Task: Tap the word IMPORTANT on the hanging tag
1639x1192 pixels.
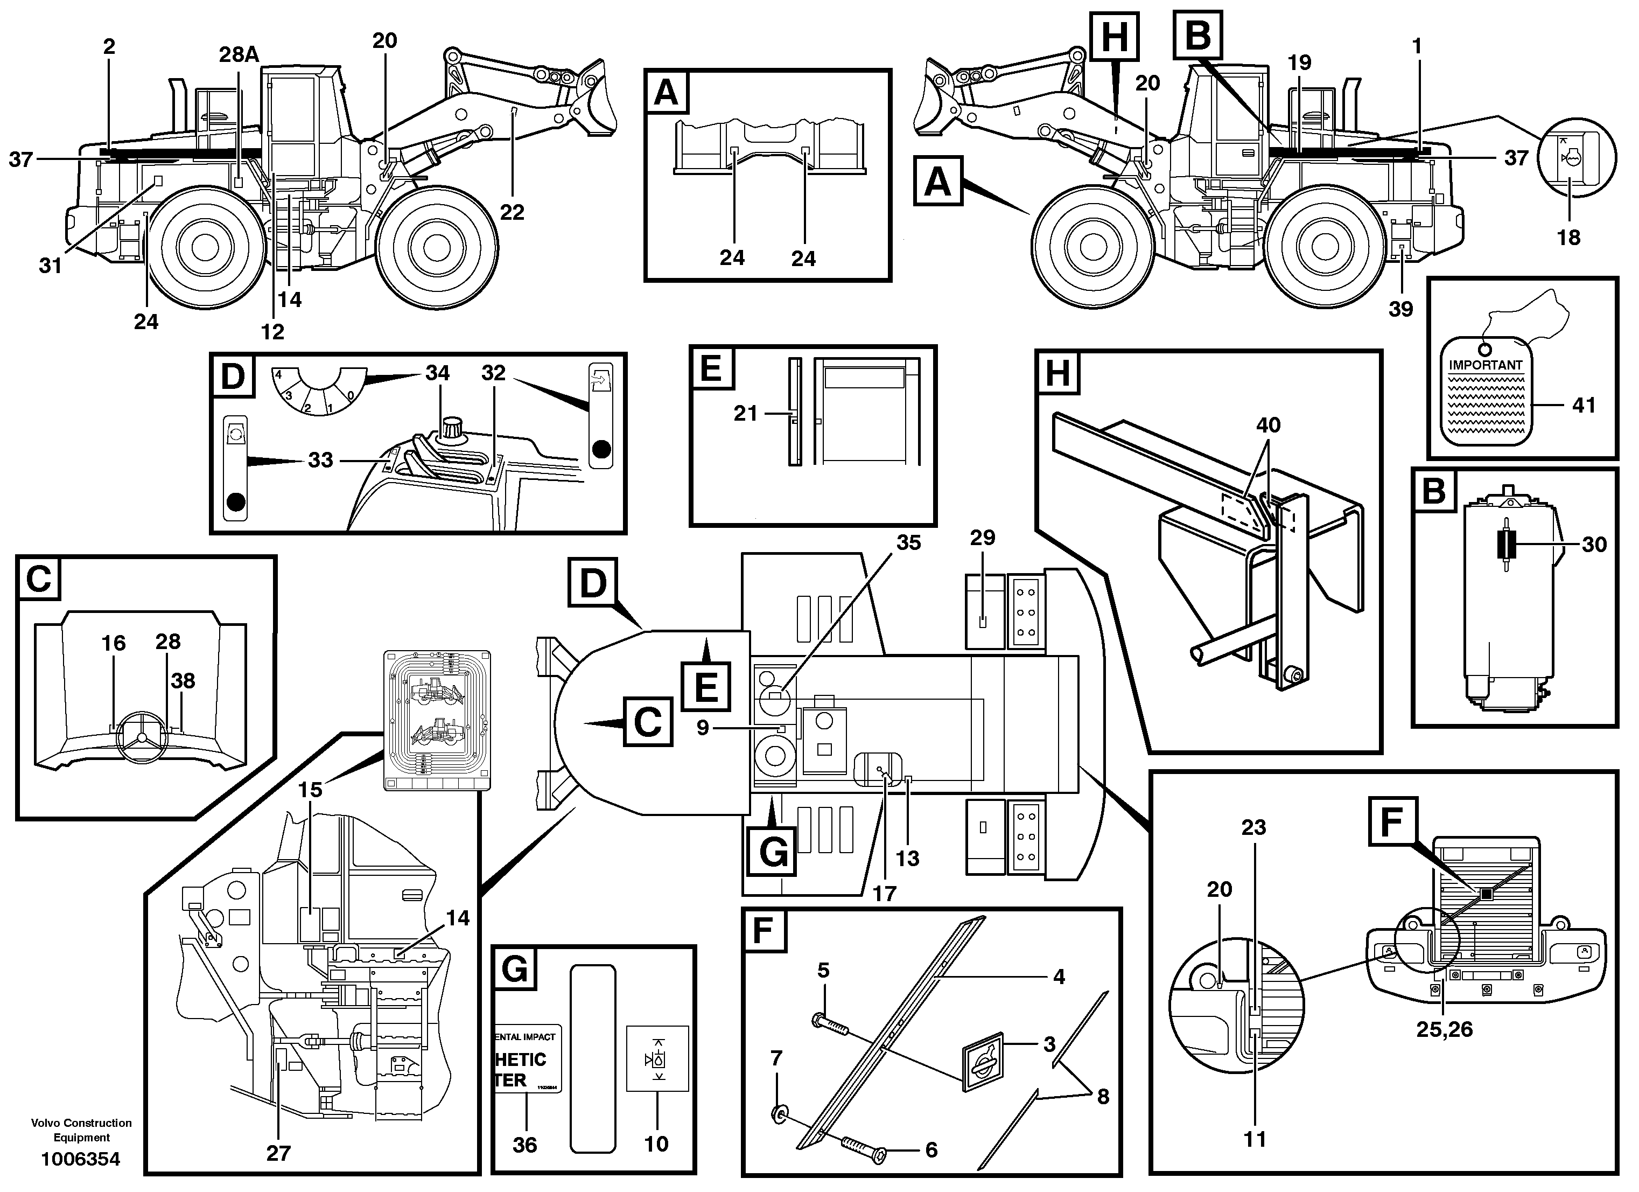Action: click(1485, 365)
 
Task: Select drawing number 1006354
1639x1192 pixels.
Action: click(81, 1160)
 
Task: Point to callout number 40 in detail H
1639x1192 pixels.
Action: click(1268, 424)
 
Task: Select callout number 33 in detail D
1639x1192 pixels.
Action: click(320, 460)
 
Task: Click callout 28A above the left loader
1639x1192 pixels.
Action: click(239, 54)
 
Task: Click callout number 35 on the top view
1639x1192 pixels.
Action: click(908, 542)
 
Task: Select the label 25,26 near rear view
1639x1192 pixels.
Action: click(1444, 1029)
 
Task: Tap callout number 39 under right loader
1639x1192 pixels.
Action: click(1400, 309)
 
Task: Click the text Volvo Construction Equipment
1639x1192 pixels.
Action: click(81, 1129)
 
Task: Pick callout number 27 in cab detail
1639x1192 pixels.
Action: click(278, 1153)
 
